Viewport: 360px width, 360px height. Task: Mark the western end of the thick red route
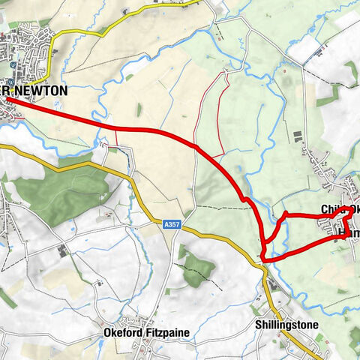[7, 100]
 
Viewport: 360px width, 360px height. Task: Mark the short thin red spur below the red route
[117, 138]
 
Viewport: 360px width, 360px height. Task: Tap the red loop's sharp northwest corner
[285, 214]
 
